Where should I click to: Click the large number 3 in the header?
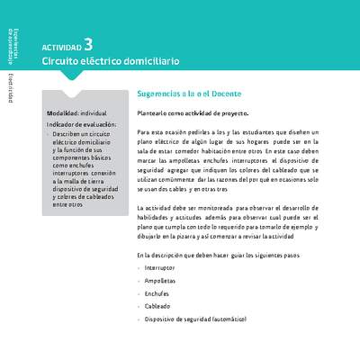(88, 42)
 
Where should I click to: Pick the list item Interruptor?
(159, 268)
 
